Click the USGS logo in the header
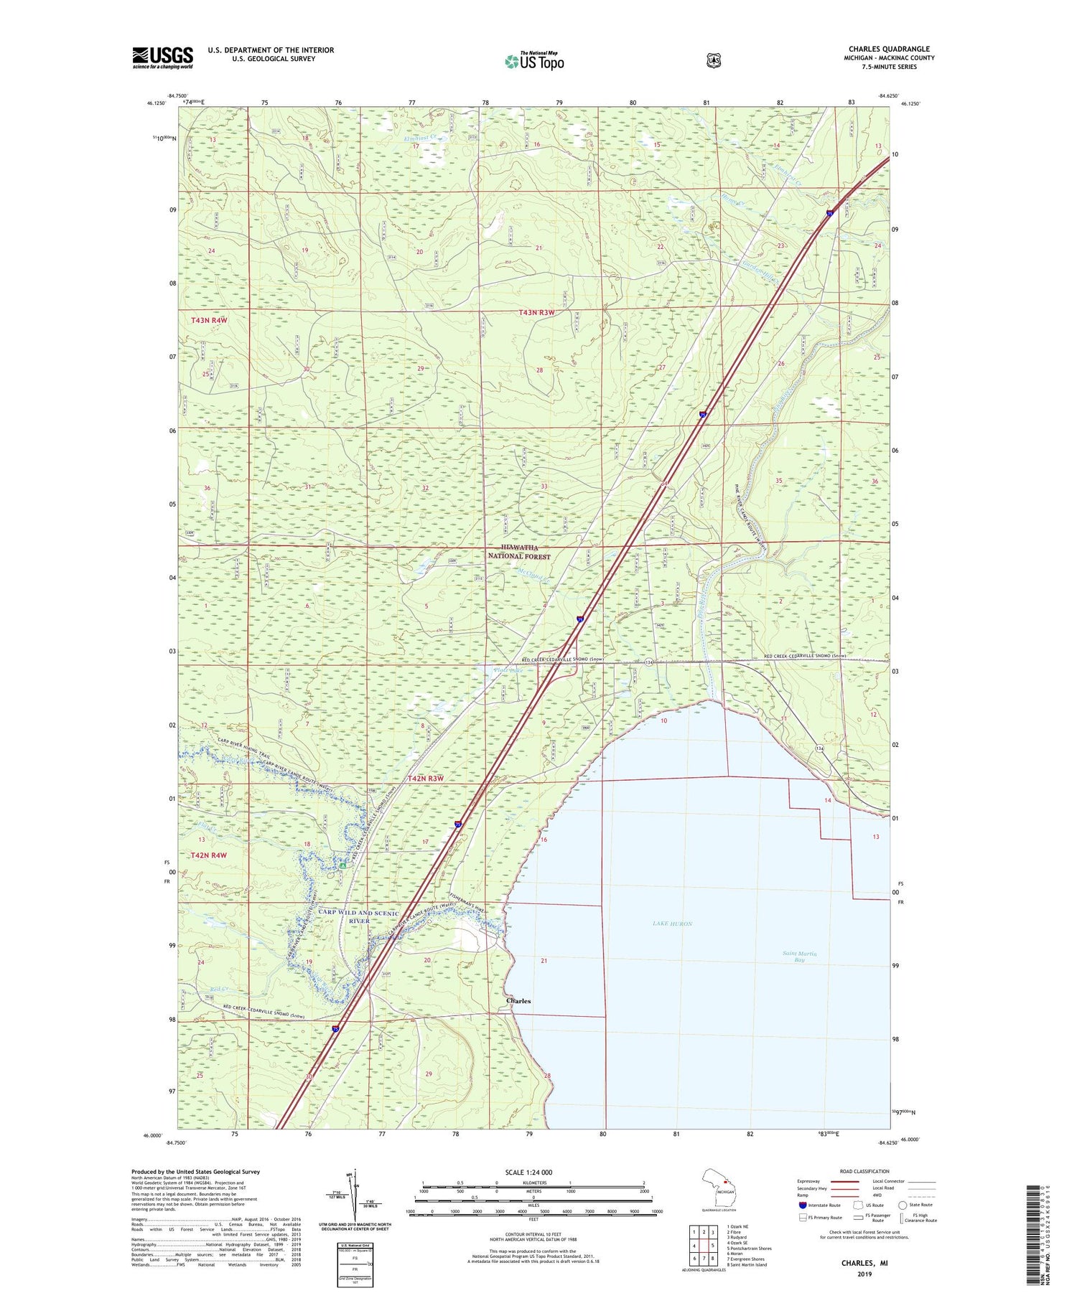162,57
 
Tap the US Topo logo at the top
534,61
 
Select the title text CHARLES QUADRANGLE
888,50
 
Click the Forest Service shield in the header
713,61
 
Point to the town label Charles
518,1000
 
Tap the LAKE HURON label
673,924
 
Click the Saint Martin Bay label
799,957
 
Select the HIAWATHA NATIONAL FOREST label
519,552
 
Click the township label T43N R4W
209,320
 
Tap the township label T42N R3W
425,779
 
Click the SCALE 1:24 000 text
529,1172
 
